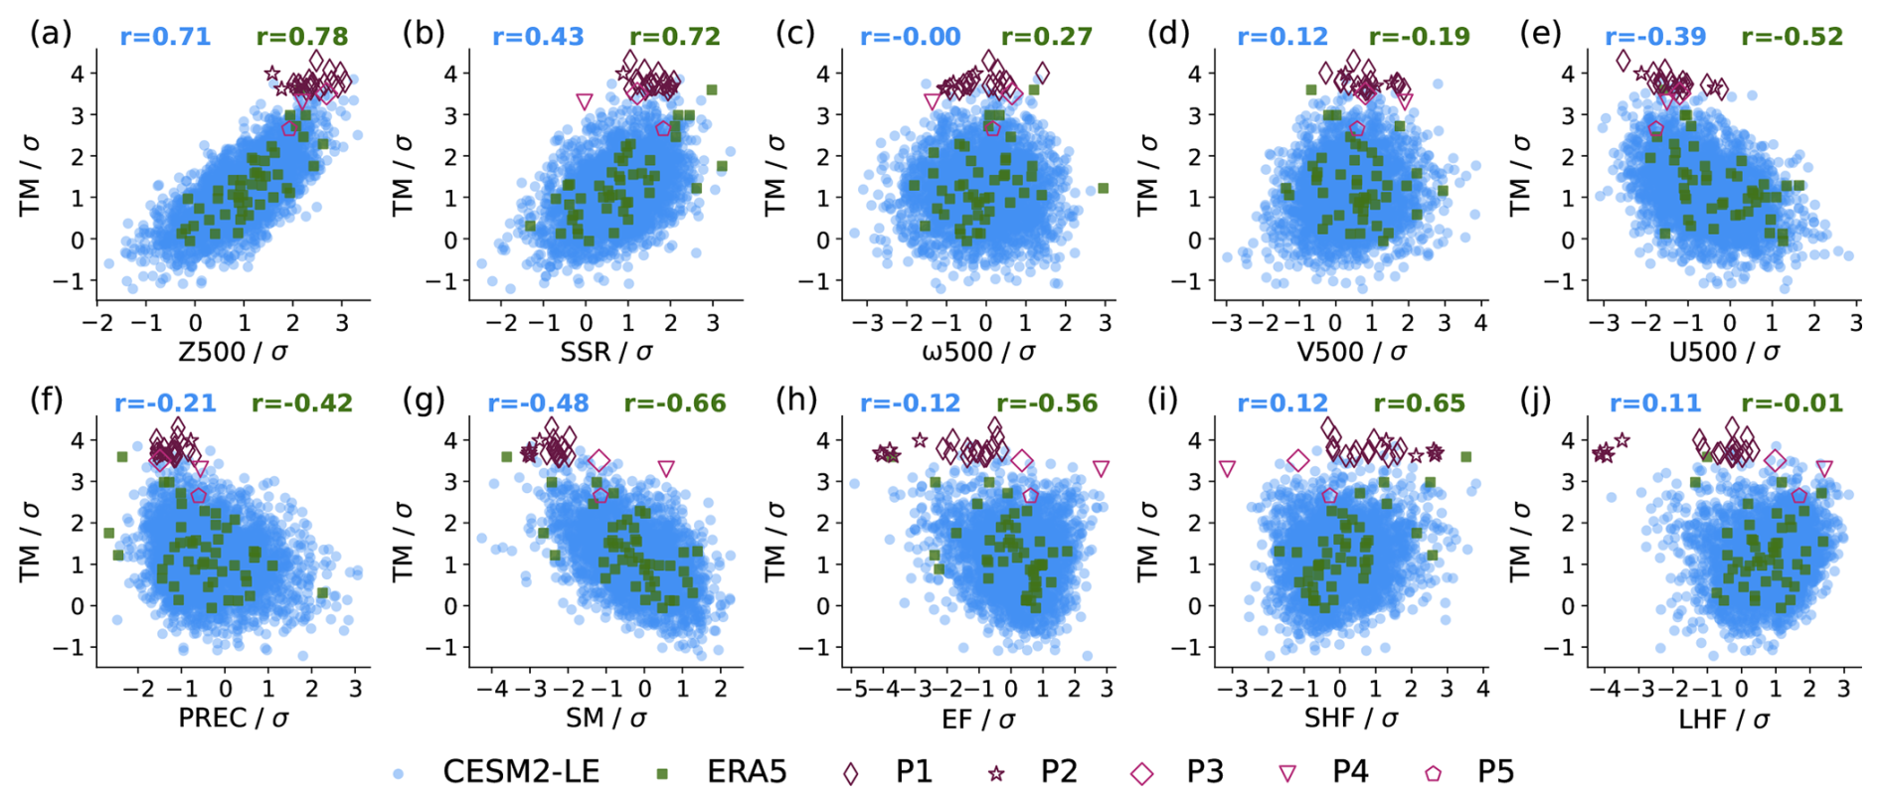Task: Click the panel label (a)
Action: (x=51, y=34)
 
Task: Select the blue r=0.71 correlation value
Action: (x=165, y=38)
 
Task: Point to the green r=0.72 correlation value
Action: (x=675, y=38)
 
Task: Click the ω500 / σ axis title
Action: (x=979, y=352)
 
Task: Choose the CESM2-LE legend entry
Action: (x=497, y=772)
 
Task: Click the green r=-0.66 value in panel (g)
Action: (x=675, y=403)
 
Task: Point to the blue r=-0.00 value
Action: (x=911, y=38)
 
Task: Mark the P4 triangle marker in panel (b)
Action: (x=585, y=101)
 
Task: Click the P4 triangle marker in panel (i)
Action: (x=1227, y=468)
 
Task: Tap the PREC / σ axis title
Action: (x=233, y=719)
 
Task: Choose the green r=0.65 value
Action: (x=1420, y=403)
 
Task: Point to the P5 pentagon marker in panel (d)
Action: (x=1357, y=129)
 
